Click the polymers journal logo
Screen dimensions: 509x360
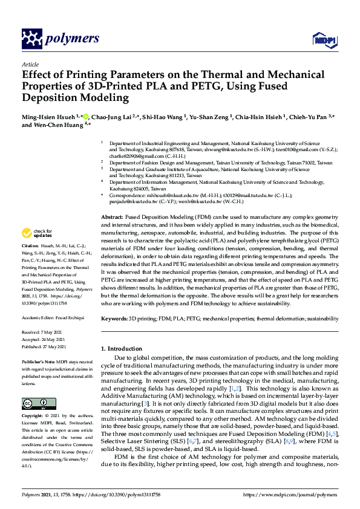tap(60, 39)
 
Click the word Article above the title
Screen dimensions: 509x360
tap(30, 65)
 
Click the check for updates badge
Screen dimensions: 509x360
tap(36, 234)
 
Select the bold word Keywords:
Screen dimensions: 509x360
tap(115, 317)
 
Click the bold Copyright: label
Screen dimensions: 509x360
tap(34, 417)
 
